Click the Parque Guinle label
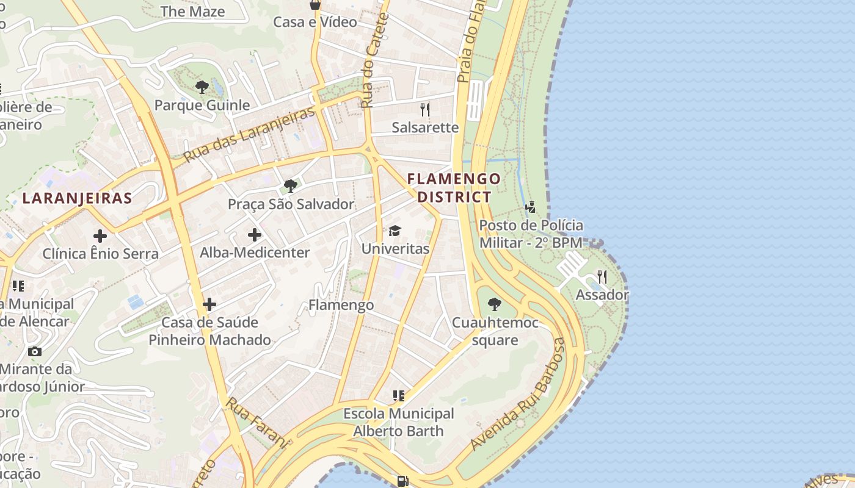click(x=202, y=105)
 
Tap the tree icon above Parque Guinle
click(x=202, y=87)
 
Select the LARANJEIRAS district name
click(x=77, y=198)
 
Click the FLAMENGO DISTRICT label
click(x=454, y=188)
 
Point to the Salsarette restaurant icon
click(x=425, y=110)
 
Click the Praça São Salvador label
click(x=291, y=204)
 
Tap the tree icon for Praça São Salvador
click(x=291, y=185)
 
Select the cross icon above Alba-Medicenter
click(x=255, y=234)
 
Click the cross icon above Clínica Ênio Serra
click(x=100, y=235)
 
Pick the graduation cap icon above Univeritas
click(x=395, y=231)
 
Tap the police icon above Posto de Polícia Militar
click(x=530, y=207)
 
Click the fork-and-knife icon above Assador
click(x=602, y=277)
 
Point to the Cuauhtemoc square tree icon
click(x=495, y=304)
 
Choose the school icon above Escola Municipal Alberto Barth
click(x=399, y=396)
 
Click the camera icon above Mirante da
click(x=35, y=351)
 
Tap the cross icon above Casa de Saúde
click(x=209, y=304)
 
